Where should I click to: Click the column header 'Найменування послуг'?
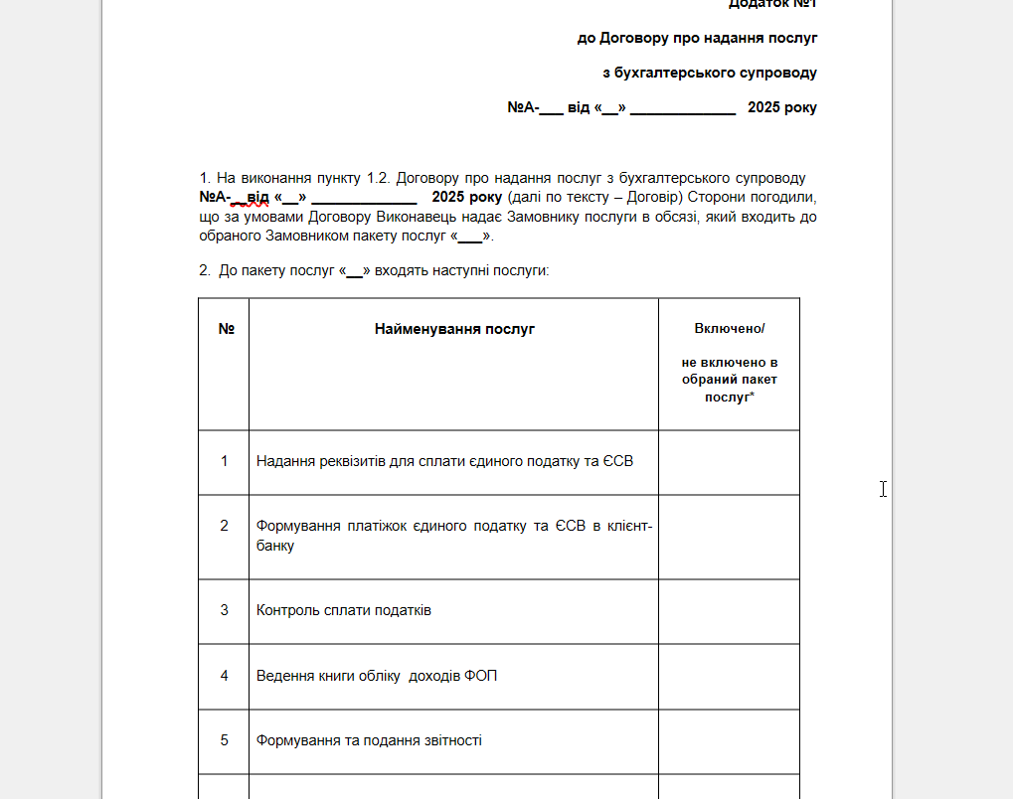454,329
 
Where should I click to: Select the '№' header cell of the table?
225,329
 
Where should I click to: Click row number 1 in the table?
225,461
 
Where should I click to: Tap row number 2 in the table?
225,526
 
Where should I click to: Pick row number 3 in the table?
225,610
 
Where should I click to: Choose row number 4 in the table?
225,676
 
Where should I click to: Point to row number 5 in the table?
225,740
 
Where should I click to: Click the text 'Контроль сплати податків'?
344,610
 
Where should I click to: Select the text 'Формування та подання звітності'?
369,740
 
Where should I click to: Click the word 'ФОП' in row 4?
479,676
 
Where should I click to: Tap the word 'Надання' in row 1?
283,461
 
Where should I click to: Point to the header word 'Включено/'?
729,329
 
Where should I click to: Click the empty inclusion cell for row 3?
729,610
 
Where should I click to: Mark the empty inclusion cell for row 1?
729,461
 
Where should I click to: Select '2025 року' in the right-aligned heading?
782,107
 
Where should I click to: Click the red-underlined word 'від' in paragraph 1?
257,197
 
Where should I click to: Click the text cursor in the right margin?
883,489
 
